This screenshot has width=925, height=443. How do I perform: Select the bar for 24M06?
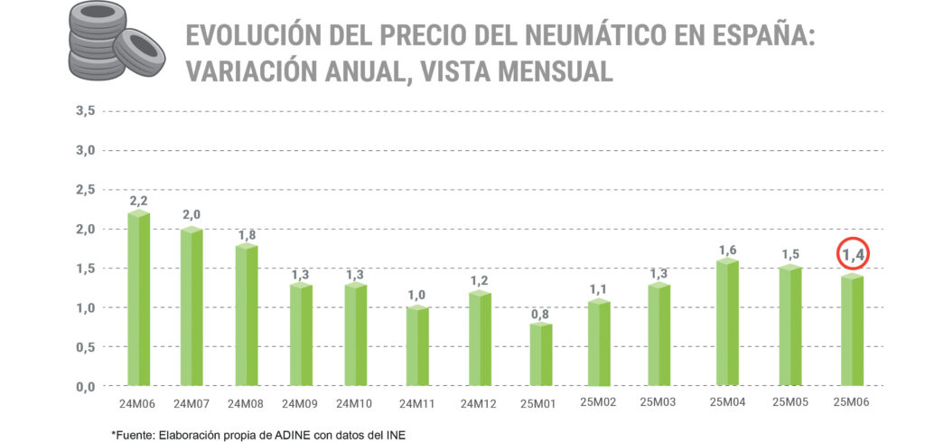(x=139, y=298)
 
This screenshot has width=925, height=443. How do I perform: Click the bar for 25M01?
(x=540, y=353)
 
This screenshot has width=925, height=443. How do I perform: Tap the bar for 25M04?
(x=727, y=322)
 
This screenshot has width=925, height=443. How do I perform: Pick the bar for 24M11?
(x=417, y=346)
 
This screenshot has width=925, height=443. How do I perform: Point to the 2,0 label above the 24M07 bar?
(x=192, y=214)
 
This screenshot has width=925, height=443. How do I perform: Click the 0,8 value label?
(x=540, y=314)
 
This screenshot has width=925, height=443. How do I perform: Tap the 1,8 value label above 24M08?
(x=247, y=235)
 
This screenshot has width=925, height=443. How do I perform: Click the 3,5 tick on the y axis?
(x=86, y=111)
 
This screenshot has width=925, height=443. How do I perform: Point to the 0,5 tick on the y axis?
(x=86, y=347)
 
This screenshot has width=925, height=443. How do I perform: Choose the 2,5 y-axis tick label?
(x=86, y=190)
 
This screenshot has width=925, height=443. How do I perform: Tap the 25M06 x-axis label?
(x=851, y=402)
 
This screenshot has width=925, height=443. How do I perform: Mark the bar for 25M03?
(x=659, y=335)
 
